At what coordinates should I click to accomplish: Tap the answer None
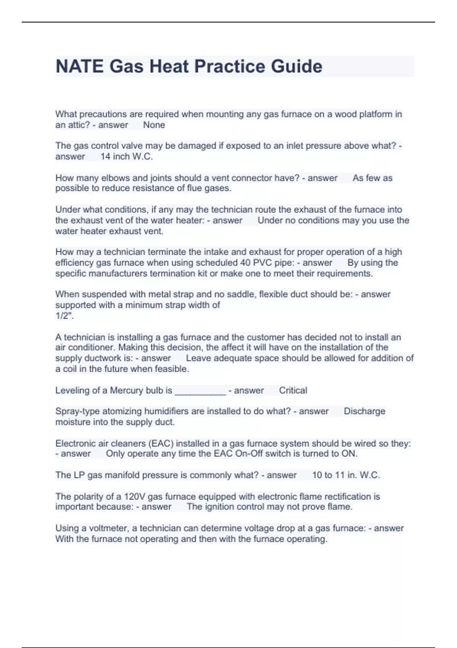click(x=154, y=125)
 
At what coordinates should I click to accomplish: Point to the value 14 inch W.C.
click(x=126, y=157)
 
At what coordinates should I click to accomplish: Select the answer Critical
click(x=293, y=390)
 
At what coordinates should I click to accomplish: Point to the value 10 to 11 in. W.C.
click(x=346, y=475)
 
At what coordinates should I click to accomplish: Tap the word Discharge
click(x=364, y=411)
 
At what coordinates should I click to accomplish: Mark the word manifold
click(x=123, y=475)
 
